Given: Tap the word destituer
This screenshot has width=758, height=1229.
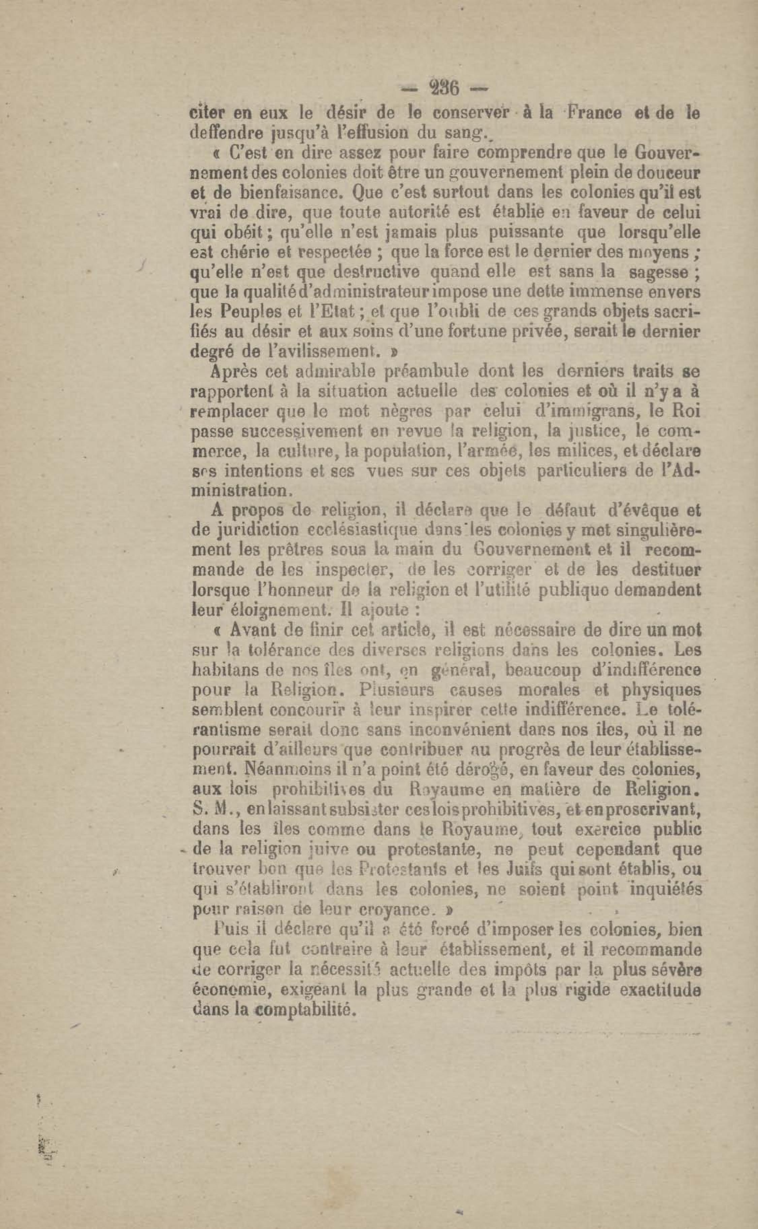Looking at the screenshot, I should tap(666, 570).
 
